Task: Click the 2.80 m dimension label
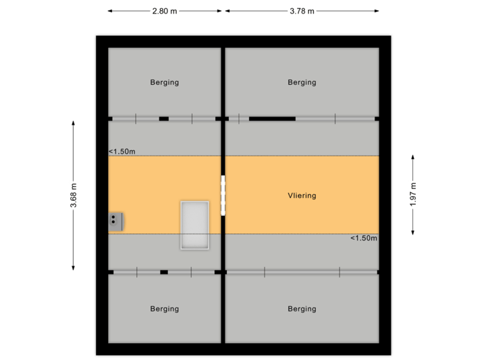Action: [165, 11]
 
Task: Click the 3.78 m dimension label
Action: [302, 11]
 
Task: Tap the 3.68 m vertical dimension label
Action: [74, 195]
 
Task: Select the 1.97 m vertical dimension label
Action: [413, 195]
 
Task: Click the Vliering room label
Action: [302, 195]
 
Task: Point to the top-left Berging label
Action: [165, 82]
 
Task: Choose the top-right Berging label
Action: [302, 82]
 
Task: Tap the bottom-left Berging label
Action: [165, 309]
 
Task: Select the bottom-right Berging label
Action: [302, 309]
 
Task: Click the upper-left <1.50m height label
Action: [122, 152]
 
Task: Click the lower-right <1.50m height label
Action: [363, 238]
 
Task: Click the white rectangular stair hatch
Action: [195, 224]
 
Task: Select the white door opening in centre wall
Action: [223, 195]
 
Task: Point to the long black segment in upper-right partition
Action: [272, 119]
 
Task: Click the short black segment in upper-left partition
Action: [164, 119]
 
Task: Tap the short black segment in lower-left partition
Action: [164, 272]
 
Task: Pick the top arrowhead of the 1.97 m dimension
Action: [413, 156]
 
